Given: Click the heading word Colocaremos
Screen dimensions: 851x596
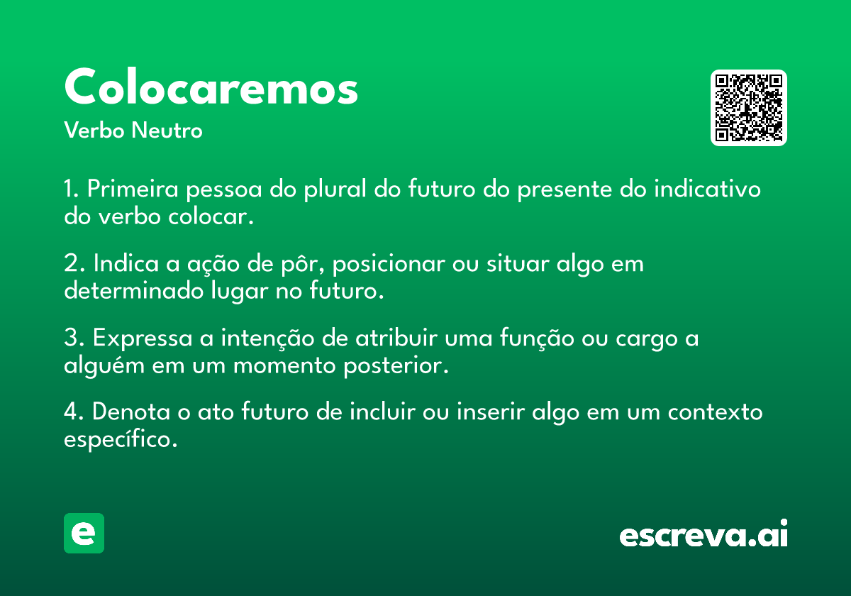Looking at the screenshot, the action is [x=211, y=87].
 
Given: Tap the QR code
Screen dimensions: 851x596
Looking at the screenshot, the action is [x=748, y=108].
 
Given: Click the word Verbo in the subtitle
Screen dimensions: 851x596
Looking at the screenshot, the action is [x=94, y=130].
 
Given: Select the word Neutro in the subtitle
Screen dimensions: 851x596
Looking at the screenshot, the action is [x=167, y=130].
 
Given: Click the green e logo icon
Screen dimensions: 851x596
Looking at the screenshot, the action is [x=84, y=533].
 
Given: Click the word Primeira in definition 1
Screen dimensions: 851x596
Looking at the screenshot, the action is [x=133, y=189].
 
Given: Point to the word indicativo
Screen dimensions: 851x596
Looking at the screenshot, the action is [x=708, y=189].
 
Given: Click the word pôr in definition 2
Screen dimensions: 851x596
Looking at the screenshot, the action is [x=302, y=264].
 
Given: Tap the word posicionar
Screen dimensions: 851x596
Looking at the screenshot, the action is [x=389, y=264].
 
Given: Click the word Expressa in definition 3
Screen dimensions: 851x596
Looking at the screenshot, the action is [x=143, y=338].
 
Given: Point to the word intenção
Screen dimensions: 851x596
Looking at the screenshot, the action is [x=268, y=338].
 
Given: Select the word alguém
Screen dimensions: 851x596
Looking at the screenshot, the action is [x=104, y=365].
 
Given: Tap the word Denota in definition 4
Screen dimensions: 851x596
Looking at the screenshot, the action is [x=131, y=412].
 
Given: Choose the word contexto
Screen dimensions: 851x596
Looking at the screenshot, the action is [x=715, y=412].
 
